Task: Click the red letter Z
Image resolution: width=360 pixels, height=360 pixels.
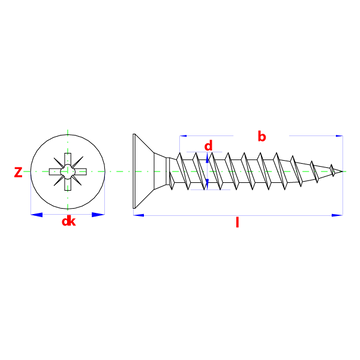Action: pos(17,171)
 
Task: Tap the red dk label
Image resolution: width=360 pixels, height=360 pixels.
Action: pos(69,221)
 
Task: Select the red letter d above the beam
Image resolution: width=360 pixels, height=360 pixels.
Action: pos(209,145)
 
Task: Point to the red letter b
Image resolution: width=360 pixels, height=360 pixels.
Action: pos(261,135)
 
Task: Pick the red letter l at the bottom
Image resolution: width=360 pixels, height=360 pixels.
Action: pos(237,223)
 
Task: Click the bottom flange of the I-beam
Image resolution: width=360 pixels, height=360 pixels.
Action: pos(210,189)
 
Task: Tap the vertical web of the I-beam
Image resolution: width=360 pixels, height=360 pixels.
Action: pos(208,178)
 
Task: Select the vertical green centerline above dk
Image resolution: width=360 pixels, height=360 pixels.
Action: pos(67,145)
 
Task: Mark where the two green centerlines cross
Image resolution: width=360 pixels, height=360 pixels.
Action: pos(67,171)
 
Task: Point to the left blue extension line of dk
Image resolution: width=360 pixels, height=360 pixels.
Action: pos(29,194)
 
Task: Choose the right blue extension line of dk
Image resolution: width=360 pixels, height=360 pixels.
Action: pos(105,194)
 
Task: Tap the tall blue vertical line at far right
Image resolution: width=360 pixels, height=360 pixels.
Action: pos(343,175)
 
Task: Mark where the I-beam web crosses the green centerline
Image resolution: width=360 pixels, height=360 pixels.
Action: pos(208,171)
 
